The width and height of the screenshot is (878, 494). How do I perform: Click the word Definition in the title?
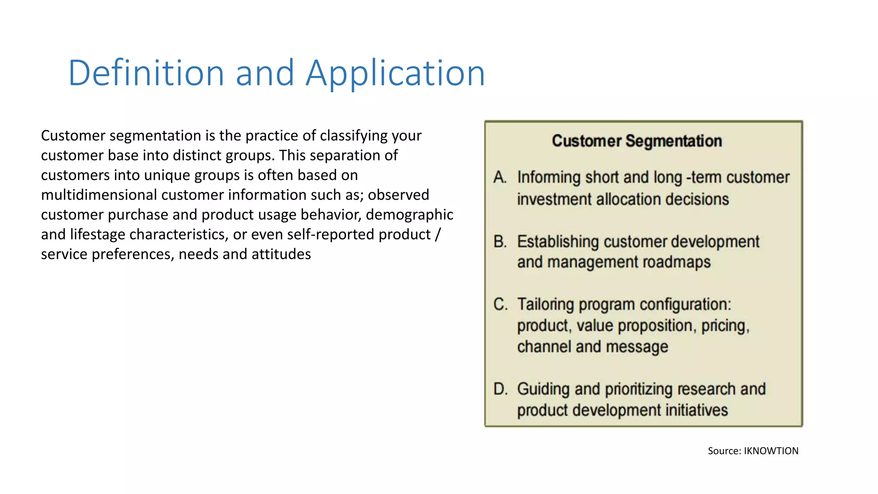[146, 73]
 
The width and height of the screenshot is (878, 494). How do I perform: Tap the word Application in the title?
[395, 74]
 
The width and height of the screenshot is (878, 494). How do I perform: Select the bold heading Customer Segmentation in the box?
[637, 141]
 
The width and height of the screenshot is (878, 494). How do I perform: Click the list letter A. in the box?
[500, 177]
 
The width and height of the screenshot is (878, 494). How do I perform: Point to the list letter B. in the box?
[500, 241]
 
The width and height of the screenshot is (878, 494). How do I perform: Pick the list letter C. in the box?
[500, 304]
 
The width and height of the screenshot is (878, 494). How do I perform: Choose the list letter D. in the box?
[500, 389]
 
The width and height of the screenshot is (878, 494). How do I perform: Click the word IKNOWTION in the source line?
[771, 451]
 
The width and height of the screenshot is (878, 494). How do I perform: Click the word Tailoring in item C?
[545, 304]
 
